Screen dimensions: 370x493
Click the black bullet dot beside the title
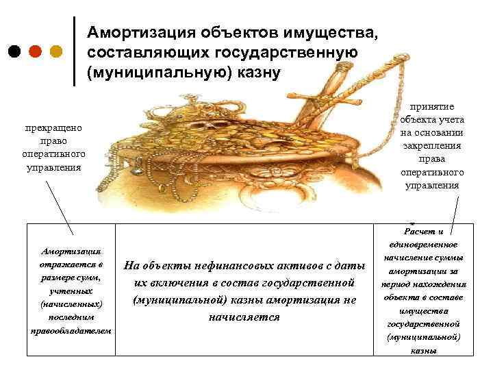[15, 51]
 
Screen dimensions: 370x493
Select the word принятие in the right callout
[433, 108]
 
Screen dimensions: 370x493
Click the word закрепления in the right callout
[433, 146]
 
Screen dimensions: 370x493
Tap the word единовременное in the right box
[423, 245]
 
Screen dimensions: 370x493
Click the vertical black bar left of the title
[74, 51]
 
